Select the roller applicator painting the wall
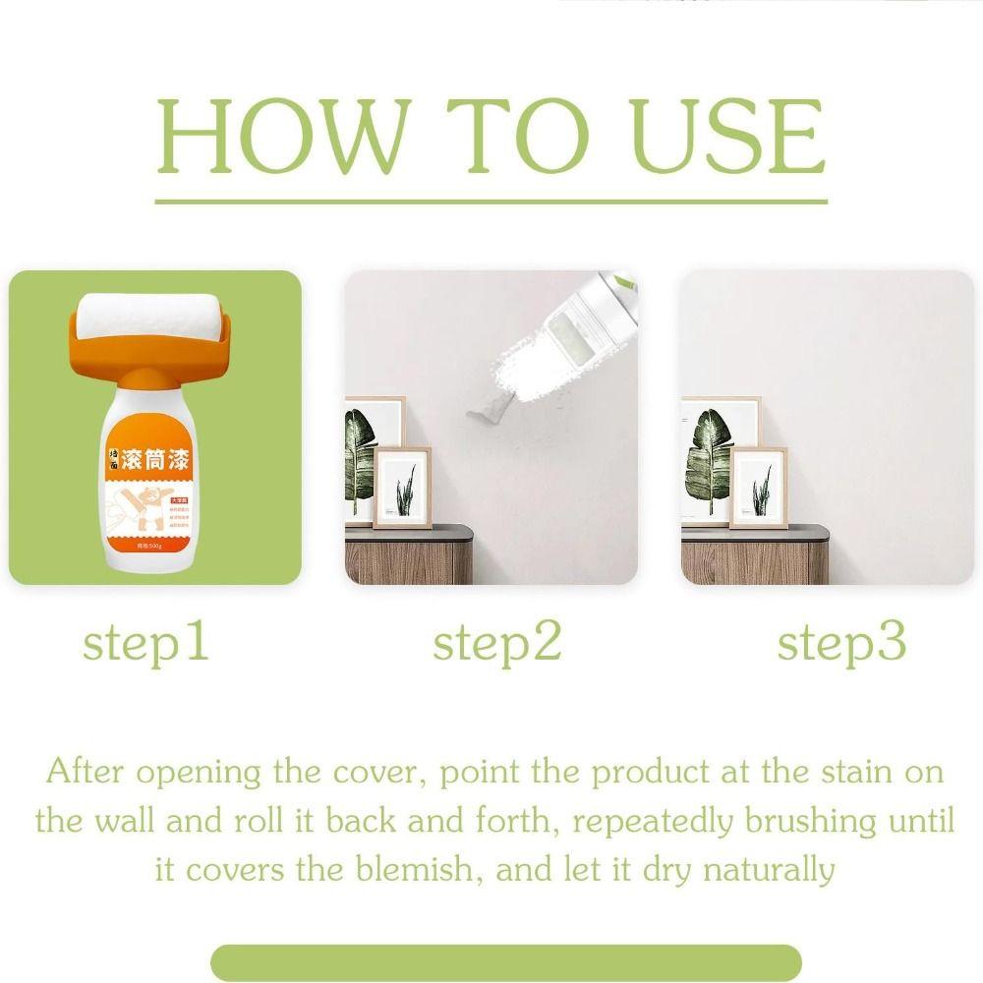pos(580,334)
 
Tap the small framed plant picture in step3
pos(758,486)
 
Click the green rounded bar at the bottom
pos(505,961)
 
